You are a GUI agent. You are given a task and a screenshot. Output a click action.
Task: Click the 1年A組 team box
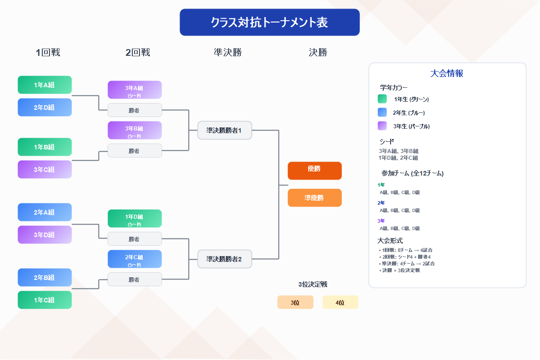[x=45, y=85]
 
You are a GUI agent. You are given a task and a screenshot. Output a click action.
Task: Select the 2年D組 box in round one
[x=45, y=107]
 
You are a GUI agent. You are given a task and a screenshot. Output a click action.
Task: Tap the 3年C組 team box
[x=45, y=169]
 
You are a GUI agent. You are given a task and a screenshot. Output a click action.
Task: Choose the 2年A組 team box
[x=45, y=212]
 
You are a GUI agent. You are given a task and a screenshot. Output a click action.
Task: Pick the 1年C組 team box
[x=45, y=300]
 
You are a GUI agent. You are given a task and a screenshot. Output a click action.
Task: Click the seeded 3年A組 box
[x=135, y=90]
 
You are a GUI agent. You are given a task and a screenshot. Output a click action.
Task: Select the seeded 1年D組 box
[x=135, y=218]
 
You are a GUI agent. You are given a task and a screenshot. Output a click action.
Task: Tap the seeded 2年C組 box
[x=135, y=259]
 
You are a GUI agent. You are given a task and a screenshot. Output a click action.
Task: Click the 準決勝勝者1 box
[x=225, y=130]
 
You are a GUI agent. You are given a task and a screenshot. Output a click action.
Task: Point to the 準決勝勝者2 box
[x=225, y=259]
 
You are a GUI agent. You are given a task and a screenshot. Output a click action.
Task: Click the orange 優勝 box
[x=315, y=171]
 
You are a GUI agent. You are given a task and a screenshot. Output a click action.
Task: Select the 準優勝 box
[x=315, y=198]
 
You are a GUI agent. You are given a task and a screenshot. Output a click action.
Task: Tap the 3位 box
[x=295, y=302]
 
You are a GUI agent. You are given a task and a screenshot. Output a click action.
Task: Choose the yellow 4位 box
[x=340, y=302]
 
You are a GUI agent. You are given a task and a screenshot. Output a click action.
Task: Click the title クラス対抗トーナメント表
[x=270, y=22]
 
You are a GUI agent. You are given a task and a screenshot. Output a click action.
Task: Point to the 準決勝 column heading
[x=228, y=53]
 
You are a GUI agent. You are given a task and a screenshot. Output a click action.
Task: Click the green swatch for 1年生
[x=382, y=99]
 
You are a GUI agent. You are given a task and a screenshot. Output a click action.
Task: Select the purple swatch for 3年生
[x=382, y=126]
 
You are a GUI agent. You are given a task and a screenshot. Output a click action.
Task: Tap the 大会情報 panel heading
[x=447, y=73]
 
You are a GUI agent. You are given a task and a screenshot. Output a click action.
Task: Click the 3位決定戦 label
[x=312, y=284]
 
